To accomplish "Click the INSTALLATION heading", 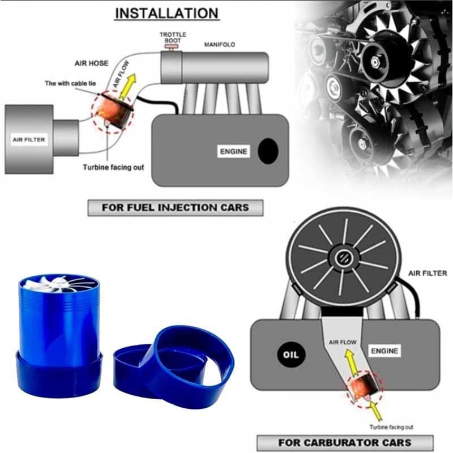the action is pos(166,13).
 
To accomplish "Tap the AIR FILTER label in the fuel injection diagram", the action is pos(29,140).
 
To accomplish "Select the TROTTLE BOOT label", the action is pos(173,37).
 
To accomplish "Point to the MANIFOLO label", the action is pos(220,45).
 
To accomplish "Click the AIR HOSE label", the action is pos(92,63).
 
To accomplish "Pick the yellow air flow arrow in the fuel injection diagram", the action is pos(128,87).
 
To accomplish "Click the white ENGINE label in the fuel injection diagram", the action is pos(233,151).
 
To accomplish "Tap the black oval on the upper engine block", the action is pos(268,151).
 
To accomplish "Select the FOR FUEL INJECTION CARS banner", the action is pos(176,208).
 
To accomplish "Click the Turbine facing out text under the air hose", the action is pos(113,167).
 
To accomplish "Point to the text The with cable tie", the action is pos(70,83).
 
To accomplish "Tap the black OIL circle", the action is pos(290,354).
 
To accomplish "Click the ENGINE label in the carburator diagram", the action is pos(384,351).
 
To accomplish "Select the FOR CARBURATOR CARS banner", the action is pos(345,443).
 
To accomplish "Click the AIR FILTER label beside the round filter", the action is pos(428,273).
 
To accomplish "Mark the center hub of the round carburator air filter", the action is pos(345,258).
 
